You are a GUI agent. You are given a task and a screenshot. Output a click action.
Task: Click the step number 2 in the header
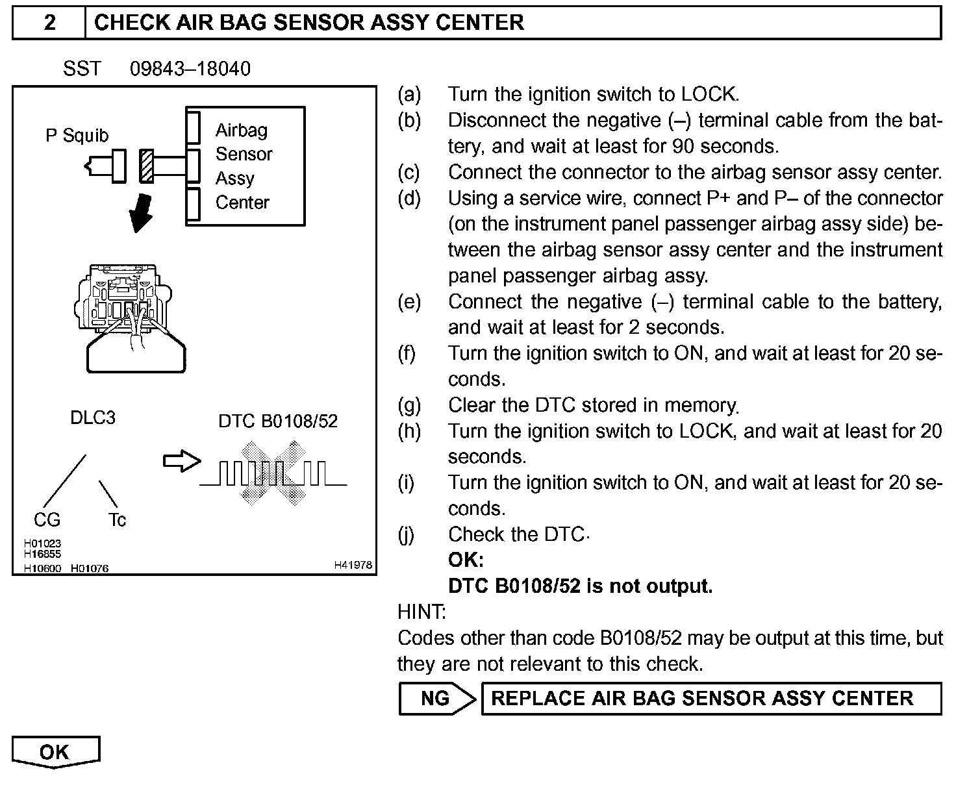[49, 23]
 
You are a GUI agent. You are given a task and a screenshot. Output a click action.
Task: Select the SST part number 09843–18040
[190, 69]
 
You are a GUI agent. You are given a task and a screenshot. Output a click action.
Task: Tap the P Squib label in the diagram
[77, 136]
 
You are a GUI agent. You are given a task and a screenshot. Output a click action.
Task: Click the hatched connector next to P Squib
[147, 166]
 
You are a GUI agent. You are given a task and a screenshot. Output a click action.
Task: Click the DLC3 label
[92, 418]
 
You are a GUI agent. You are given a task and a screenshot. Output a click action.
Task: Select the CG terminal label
[47, 519]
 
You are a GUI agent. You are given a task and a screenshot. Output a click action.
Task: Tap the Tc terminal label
[117, 519]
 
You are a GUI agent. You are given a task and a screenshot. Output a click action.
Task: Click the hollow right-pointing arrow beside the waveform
[181, 461]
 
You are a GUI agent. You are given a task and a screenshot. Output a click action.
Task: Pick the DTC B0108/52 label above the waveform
[278, 421]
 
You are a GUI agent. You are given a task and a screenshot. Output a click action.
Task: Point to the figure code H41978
[353, 566]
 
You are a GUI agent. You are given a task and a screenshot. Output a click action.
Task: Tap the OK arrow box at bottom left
[55, 752]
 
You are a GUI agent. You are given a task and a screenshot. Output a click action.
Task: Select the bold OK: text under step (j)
[466, 560]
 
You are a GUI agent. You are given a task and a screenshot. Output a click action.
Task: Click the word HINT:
[421, 612]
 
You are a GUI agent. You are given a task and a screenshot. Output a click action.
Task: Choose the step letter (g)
[409, 405]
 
